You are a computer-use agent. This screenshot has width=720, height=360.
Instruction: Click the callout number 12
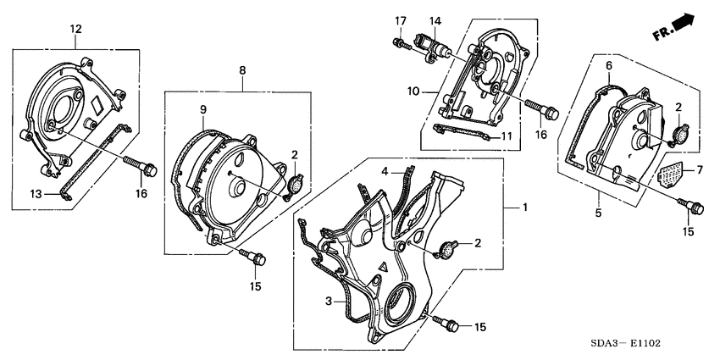tap(75, 30)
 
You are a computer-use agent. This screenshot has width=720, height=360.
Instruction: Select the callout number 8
tap(241, 72)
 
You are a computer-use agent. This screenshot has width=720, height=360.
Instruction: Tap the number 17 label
tap(400, 20)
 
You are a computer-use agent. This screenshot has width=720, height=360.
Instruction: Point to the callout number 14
tap(435, 20)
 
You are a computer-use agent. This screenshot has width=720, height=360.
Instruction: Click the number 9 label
tap(202, 109)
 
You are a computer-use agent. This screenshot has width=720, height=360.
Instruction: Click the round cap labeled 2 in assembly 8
tap(295, 185)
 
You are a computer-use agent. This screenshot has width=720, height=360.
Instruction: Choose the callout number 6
tap(608, 66)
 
